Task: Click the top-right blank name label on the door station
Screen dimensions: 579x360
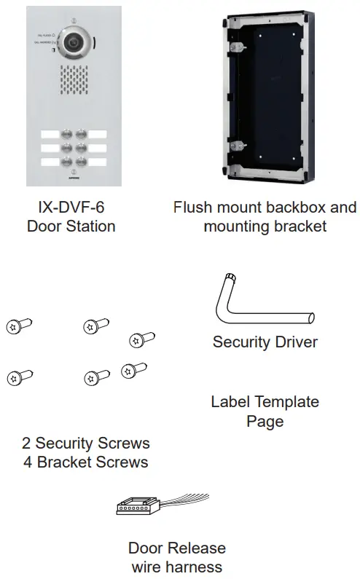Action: click(98, 135)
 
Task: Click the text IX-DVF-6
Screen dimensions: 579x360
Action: click(71, 208)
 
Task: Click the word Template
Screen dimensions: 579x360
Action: click(284, 402)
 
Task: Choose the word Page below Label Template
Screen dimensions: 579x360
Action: click(265, 421)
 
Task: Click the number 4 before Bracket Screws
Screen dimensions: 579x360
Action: click(28, 462)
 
